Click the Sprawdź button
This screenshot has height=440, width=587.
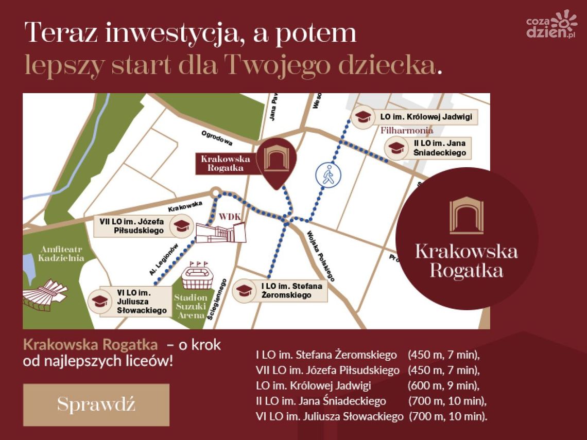click(x=96, y=404)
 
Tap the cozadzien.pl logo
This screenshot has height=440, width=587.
click(x=551, y=25)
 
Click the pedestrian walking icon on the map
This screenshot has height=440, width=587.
click(x=328, y=174)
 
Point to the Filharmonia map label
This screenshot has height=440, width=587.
click(x=407, y=131)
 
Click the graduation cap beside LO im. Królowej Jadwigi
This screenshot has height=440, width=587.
click(x=364, y=117)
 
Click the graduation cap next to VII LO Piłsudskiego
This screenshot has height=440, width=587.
click(x=181, y=226)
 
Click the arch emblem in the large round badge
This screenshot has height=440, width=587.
click(x=466, y=215)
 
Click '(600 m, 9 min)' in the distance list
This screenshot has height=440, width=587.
click(x=443, y=385)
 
